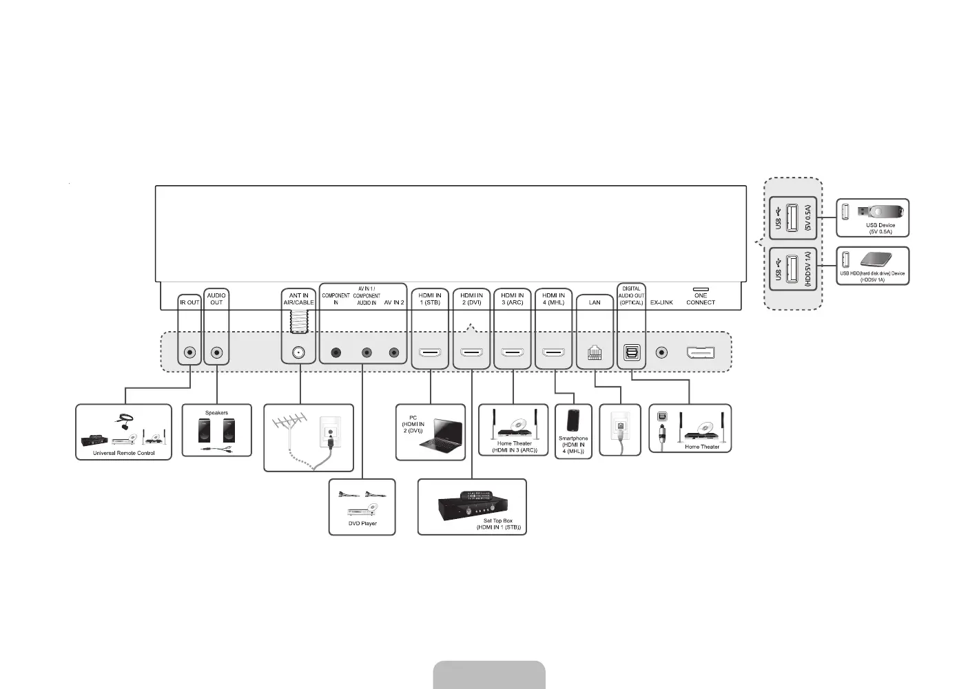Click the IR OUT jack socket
189,353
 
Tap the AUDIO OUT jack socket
217,353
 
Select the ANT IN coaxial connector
300,352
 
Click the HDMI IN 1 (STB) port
431,353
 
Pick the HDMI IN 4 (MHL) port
554,353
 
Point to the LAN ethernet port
595,353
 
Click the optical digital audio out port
632,353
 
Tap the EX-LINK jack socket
661,353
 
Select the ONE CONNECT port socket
700,353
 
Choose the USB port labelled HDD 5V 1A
792,268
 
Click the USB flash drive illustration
879,211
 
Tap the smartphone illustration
573,421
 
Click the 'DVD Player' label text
362,524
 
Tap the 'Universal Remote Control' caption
124,454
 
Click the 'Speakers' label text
216,413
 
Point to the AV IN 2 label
394,303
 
